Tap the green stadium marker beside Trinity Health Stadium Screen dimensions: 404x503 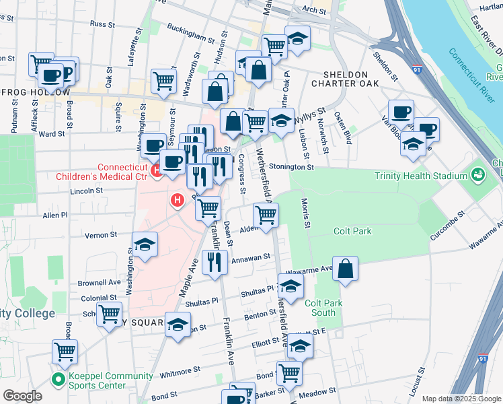[x=478, y=175]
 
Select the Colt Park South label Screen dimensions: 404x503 [x=323, y=308]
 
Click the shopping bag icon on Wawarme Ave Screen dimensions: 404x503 [x=345, y=269]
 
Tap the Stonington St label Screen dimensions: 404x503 [x=291, y=166]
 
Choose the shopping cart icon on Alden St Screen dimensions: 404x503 [x=266, y=216]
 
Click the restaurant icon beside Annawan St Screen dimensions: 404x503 [x=215, y=263]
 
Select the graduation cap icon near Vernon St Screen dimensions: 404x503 [x=145, y=246]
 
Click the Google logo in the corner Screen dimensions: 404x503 [x=22, y=396]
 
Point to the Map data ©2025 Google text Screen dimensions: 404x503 [x=461, y=399]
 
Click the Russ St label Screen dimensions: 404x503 [x=99, y=24]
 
